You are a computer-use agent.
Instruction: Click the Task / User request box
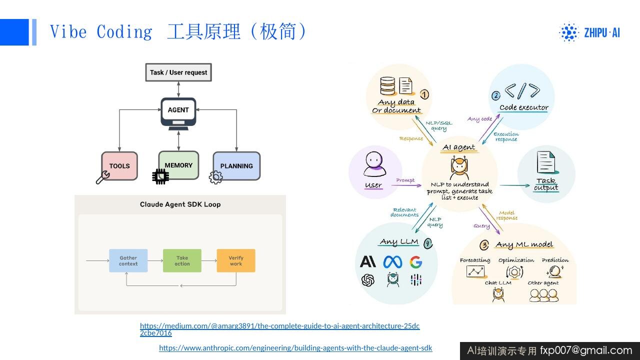(178, 72)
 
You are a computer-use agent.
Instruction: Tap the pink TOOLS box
(119, 166)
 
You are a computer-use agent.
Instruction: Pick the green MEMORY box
(178, 165)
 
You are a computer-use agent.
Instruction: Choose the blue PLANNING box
(236, 166)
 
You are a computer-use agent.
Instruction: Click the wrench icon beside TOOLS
(102, 177)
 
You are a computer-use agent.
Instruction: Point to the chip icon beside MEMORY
(160, 176)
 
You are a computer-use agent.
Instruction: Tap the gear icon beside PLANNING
(215, 177)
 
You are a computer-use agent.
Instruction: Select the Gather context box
(128, 260)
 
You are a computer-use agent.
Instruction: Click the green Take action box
(182, 260)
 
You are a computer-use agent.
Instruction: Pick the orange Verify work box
(236, 260)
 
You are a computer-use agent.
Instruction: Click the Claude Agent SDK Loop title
(180, 204)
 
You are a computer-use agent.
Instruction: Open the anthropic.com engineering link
(295, 348)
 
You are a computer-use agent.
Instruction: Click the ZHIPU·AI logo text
(602, 33)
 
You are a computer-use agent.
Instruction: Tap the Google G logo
(415, 262)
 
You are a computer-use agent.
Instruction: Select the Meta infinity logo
(392, 262)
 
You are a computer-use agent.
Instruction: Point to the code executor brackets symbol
(522, 91)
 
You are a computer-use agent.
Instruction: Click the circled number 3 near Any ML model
(484, 245)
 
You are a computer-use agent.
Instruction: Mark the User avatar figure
(374, 164)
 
